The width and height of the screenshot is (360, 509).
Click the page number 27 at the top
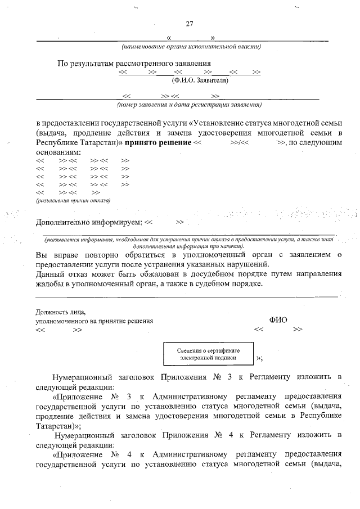[x=189, y=24]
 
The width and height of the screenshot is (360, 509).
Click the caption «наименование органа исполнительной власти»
[x=191, y=47]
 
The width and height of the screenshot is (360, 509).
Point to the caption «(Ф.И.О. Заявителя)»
[x=200, y=81]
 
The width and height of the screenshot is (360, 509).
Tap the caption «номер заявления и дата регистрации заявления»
[x=189, y=105]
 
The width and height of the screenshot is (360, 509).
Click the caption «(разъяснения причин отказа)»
[x=73, y=200]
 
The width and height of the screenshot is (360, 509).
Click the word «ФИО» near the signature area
[x=278, y=319]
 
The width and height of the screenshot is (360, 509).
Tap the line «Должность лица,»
[x=60, y=311]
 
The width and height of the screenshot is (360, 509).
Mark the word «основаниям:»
[x=55, y=152]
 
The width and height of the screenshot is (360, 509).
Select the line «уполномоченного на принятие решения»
[x=94, y=321]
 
